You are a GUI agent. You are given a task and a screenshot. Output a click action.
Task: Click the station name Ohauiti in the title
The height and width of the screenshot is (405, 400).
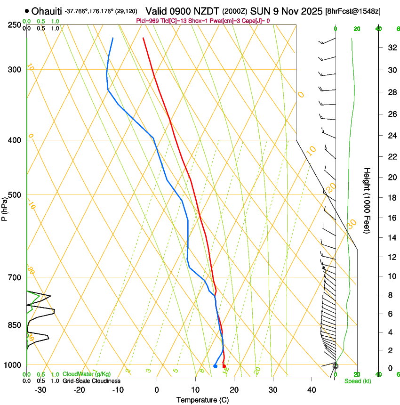pos(47,10)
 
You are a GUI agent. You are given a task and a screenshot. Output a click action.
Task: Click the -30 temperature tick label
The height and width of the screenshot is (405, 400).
pos(40,389)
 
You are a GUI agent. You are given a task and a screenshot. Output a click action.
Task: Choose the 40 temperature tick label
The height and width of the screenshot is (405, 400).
pos(311,389)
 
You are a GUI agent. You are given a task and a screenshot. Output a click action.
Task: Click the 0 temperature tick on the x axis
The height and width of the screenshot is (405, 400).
pos(157,389)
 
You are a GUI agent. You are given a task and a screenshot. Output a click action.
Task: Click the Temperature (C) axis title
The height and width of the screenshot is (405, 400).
pos(202,400)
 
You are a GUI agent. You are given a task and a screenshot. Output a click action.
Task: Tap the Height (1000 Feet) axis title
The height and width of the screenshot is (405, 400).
pos(368,201)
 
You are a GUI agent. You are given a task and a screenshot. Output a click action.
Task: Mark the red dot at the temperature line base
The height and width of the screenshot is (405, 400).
pos(224,366)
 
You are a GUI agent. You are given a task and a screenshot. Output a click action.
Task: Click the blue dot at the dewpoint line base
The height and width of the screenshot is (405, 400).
pos(215,366)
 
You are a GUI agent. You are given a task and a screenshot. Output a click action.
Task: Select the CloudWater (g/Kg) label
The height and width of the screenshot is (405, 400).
pos(86,374)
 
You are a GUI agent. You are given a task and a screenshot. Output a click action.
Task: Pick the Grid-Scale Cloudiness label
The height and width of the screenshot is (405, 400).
pos(91,381)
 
